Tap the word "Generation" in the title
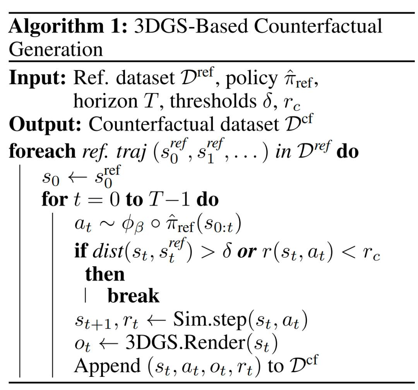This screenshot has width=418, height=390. coord(56,50)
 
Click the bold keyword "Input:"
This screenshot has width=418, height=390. coord(38,79)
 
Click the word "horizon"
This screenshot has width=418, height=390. coord(101,101)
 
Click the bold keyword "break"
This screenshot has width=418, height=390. coord(134,296)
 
